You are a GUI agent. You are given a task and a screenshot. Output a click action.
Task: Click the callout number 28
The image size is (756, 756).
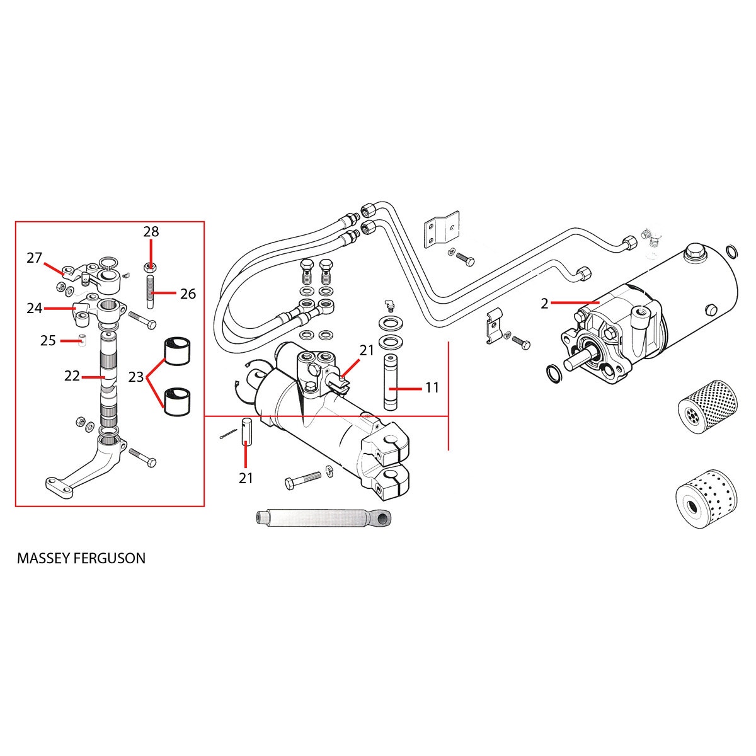151,231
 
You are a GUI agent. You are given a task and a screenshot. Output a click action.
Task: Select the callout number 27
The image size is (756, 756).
34,258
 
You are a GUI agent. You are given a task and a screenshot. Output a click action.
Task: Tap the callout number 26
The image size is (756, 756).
188,294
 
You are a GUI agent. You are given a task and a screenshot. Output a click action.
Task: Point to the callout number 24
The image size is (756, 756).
34,309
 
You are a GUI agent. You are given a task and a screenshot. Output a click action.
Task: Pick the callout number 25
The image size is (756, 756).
49,341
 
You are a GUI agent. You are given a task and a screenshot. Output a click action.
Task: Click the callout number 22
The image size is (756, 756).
72,375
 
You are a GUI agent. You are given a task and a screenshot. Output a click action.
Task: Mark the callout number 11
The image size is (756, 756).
432,388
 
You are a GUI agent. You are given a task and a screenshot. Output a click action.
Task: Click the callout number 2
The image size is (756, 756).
544,304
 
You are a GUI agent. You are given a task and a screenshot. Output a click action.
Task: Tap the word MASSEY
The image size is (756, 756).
45,558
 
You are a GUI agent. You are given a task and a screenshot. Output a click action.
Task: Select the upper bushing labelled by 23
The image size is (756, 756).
179,352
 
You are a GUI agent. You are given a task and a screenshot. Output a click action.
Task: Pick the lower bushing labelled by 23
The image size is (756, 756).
179,402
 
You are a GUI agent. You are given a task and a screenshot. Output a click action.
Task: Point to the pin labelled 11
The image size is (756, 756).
389,384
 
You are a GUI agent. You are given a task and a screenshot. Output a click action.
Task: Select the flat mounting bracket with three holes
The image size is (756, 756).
440,231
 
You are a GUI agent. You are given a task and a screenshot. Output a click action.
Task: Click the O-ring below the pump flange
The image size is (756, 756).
553,374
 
